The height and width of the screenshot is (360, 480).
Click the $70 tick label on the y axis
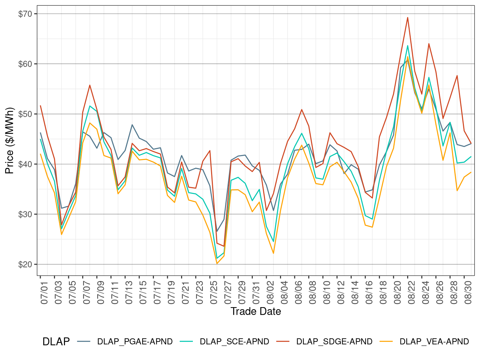click(25, 14)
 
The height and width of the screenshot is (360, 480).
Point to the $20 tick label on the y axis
click(25, 265)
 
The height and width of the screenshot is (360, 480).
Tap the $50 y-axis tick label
click(25, 114)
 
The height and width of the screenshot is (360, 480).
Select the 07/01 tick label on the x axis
click(44, 292)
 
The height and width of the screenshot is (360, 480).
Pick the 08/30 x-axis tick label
click(468, 292)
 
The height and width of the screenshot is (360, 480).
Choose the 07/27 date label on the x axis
click(228, 292)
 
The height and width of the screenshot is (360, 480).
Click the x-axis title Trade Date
click(256, 311)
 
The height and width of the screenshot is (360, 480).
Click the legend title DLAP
click(56, 342)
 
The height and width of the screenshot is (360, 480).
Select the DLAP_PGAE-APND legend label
click(135, 342)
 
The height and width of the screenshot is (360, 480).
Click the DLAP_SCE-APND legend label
click(234, 342)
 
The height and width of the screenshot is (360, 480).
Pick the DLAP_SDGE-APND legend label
click(334, 342)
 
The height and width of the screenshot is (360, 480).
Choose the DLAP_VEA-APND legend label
click(434, 342)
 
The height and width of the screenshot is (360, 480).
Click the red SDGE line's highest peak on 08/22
click(407, 17)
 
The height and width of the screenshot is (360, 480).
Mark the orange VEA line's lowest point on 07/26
click(217, 264)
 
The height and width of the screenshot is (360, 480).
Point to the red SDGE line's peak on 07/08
click(90, 85)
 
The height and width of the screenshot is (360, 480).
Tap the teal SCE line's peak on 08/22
click(407, 46)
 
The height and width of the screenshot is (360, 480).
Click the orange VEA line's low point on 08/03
click(273, 253)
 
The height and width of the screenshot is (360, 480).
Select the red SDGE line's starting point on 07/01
click(40, 106)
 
